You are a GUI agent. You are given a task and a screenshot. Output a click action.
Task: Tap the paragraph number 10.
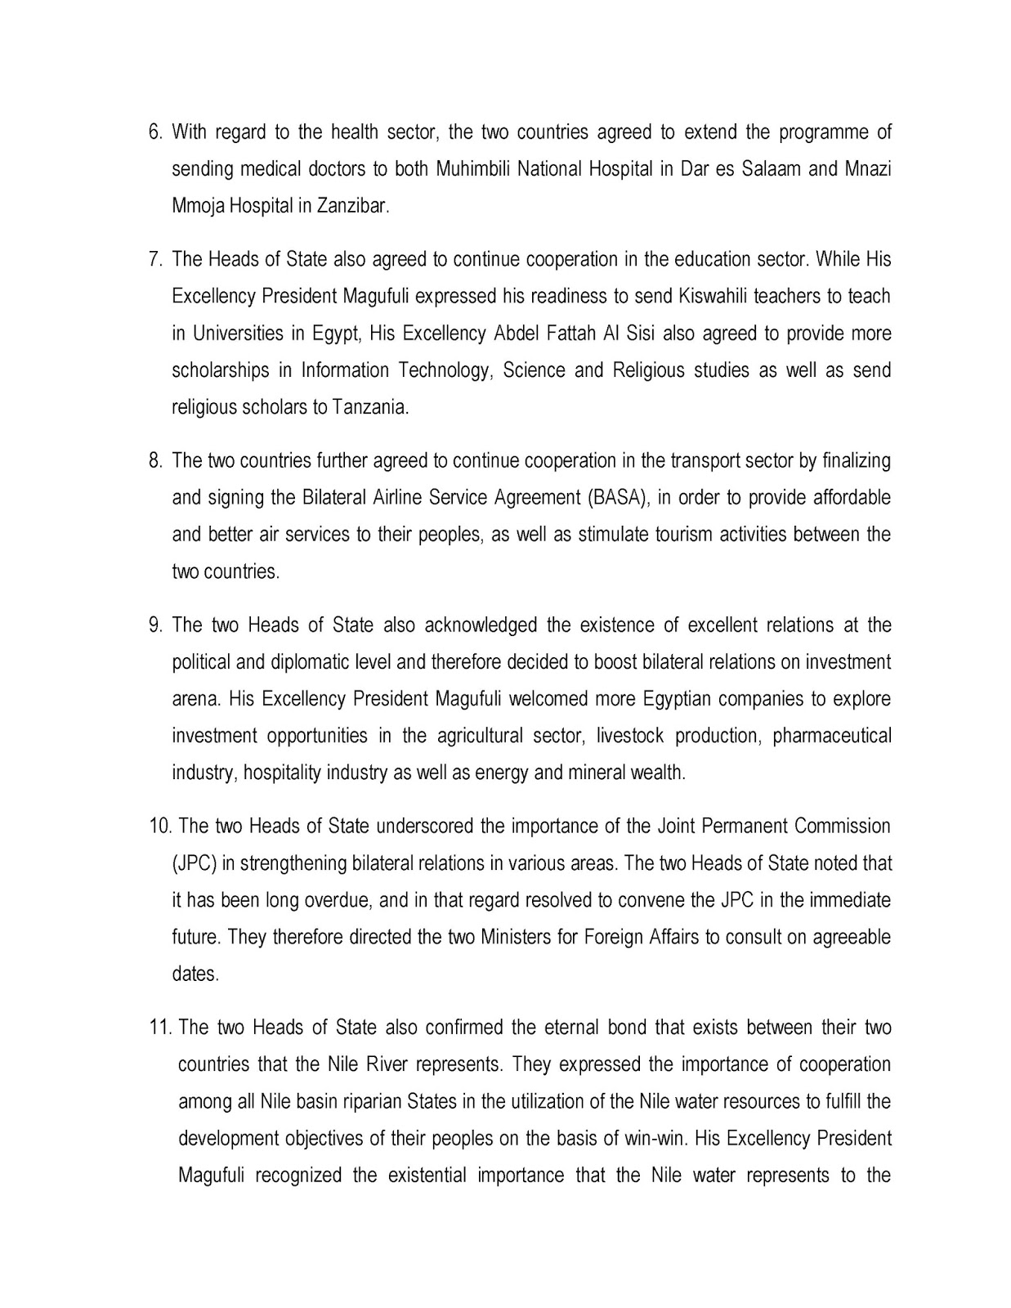click(159, 826)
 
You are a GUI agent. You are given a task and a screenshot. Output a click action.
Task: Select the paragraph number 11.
click(159, 1028)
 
